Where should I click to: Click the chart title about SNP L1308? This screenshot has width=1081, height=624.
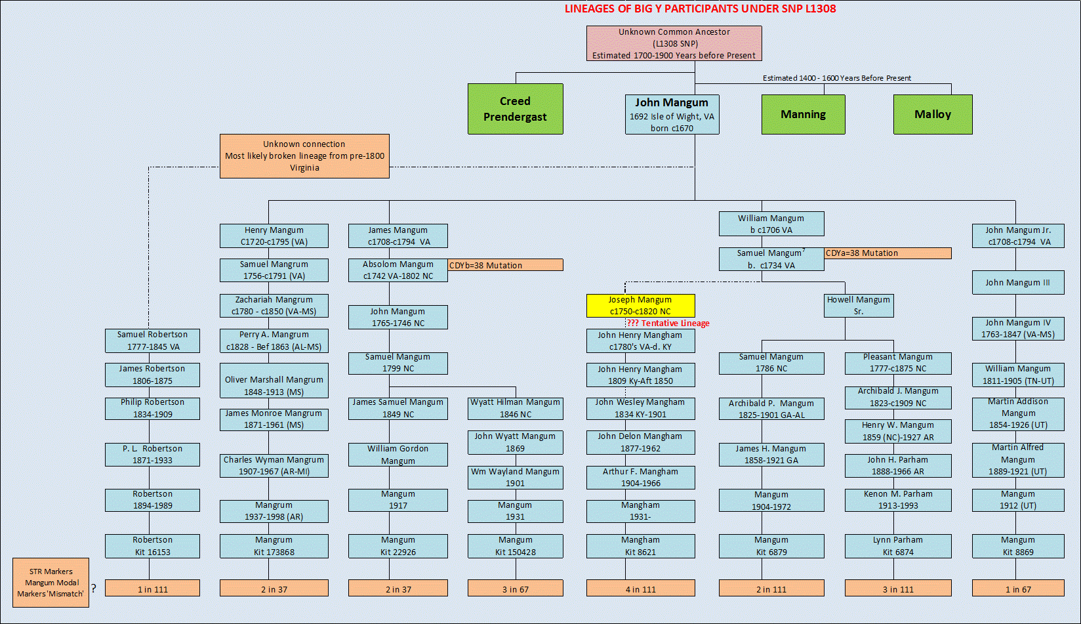(x=700, y=9)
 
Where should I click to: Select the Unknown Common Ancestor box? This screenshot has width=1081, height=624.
(x=674, y=43)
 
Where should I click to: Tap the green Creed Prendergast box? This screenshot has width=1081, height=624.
(x=515, y=109)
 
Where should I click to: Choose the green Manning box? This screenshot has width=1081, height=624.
(x=803, y=114)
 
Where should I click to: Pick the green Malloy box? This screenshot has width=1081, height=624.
(x=932, y=114)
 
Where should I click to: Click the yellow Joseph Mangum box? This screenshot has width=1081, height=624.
(x=640, y=306)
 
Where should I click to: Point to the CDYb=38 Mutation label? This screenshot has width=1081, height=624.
(x=505, y=265)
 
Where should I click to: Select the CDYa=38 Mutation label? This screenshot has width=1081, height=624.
(x=887, y=253)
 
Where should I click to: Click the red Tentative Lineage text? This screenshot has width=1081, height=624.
(x=668, y=323)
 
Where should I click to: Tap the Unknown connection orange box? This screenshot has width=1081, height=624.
(x=304, y=156)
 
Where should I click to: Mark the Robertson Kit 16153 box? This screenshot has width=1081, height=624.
(x=152, y=546)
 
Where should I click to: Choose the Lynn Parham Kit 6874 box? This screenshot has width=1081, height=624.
(x=897, y=546)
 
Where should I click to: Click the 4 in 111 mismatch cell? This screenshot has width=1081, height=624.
(x=640, y=589)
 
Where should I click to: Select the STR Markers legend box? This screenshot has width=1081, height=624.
(x=51, y=583)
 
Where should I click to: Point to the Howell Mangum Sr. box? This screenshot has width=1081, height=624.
(x=858, y=306)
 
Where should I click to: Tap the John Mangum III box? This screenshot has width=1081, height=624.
(x=1017, y=283)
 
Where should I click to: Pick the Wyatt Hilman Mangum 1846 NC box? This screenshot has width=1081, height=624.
(x=515, y=408)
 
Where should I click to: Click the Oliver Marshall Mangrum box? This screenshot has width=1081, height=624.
(x=274, y=385)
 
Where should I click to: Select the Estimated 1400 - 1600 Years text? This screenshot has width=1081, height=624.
(x=836, y=78)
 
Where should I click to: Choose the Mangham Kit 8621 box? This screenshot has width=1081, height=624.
(x=640, y=546)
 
